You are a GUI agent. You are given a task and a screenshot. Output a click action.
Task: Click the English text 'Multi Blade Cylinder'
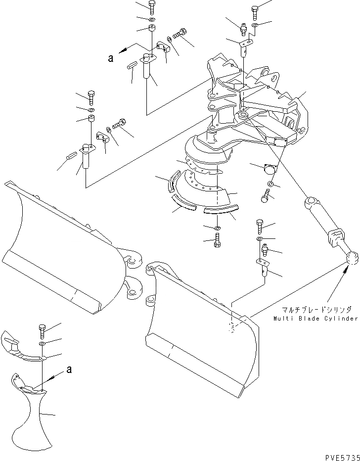(315, 319)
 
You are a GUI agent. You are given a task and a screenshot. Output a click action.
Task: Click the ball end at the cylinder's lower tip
(352, 257)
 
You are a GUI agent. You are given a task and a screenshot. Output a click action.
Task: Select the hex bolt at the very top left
(151, 7)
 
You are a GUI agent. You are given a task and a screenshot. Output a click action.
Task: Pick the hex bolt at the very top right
(255, 11)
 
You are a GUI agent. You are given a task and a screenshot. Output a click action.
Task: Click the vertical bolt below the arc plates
(218, 242)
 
